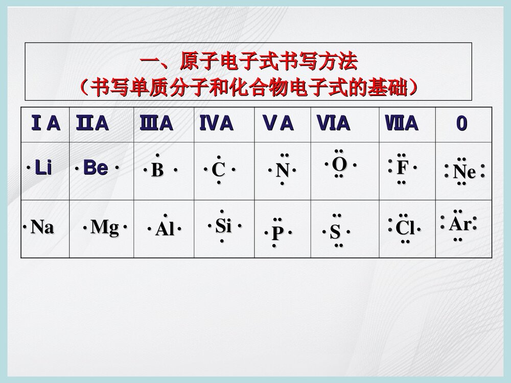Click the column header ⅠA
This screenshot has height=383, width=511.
click(x=45, y=124)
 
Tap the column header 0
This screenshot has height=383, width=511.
click(x=461, y=124)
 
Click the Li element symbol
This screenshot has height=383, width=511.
click(x=43, y=168)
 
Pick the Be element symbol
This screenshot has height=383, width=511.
click(x=96, y=168)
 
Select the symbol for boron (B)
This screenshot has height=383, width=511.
click(x=157, y=170)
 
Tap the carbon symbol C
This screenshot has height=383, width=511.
click(x=218, y=170)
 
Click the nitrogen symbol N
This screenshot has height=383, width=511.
click(x=283, y=170)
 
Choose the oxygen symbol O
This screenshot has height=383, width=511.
click(x=339, y=164)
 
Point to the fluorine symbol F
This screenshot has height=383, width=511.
click(x=403, y=167)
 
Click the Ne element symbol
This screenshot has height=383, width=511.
click(x=464, y=172)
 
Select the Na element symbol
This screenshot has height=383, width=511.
click(x=42, y=227)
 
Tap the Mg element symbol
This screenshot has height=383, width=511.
click(x=105, y=227)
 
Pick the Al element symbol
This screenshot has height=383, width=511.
click(x=165, y=229)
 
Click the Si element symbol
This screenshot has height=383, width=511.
click(x=223, y=225)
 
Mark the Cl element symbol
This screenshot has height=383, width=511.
click(x=405, y=228)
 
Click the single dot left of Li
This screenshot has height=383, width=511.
click(x=28, y=167)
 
